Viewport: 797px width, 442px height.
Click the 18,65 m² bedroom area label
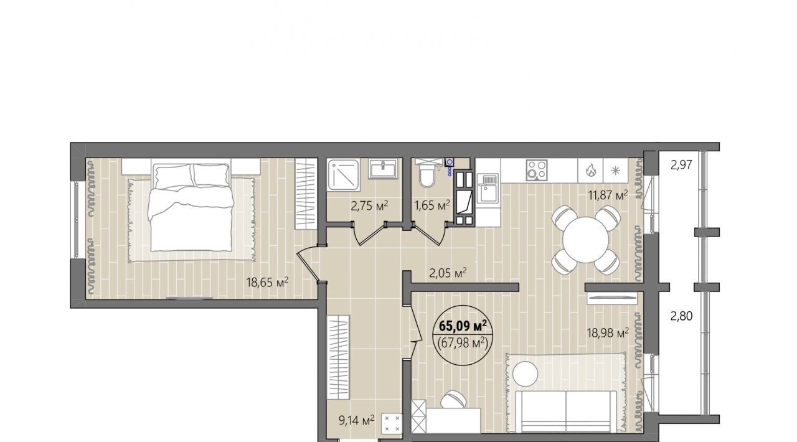coord(267,283)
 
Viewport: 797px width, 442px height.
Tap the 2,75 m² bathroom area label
coord(369,205)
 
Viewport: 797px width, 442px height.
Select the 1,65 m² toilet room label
coord(432,205)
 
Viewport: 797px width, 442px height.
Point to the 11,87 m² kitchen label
coord(608,195)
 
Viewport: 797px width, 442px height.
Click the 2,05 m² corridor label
coord(448,273)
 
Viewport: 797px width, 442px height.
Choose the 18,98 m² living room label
coord(608,333)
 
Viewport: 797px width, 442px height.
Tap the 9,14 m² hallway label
coord(357,420)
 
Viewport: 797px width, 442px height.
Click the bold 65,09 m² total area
coord(463,325)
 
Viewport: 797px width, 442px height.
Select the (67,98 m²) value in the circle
coord(463,344)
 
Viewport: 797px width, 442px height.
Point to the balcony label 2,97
coord(681,165)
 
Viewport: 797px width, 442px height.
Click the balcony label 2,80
coord(681,316)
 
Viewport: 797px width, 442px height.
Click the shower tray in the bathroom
coord(343,175)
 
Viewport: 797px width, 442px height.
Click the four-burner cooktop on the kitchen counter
coord(537,170)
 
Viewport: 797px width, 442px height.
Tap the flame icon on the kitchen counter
coord(590,170)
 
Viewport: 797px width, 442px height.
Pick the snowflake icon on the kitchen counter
coord(615,170)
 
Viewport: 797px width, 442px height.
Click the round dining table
coord(586,240)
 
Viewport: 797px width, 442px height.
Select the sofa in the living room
coord(566,412)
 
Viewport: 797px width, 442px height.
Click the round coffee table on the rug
coord(525,374)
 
